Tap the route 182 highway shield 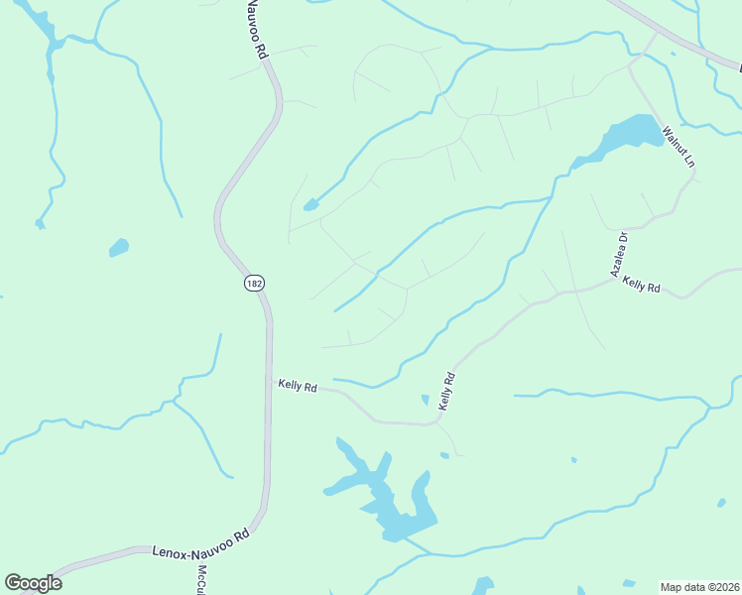click(x=254, y=284)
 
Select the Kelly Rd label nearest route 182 click(x=298, y=386)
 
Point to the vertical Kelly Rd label click(x=447, y=392)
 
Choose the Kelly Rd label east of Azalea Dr click(x=641, y=285)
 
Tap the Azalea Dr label click(x=618, y=254)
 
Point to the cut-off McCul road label click(x=200, y=579)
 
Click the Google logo click(x=33, y=583)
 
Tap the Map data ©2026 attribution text click(x=700, y=587)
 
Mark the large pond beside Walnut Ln click(x=629, y=133)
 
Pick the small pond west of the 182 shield click(x=119, y=247)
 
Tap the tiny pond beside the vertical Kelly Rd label click(x=426, y=400)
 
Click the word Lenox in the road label click(x=169, y=548)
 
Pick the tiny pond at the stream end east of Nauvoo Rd click(x=310, y=205)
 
